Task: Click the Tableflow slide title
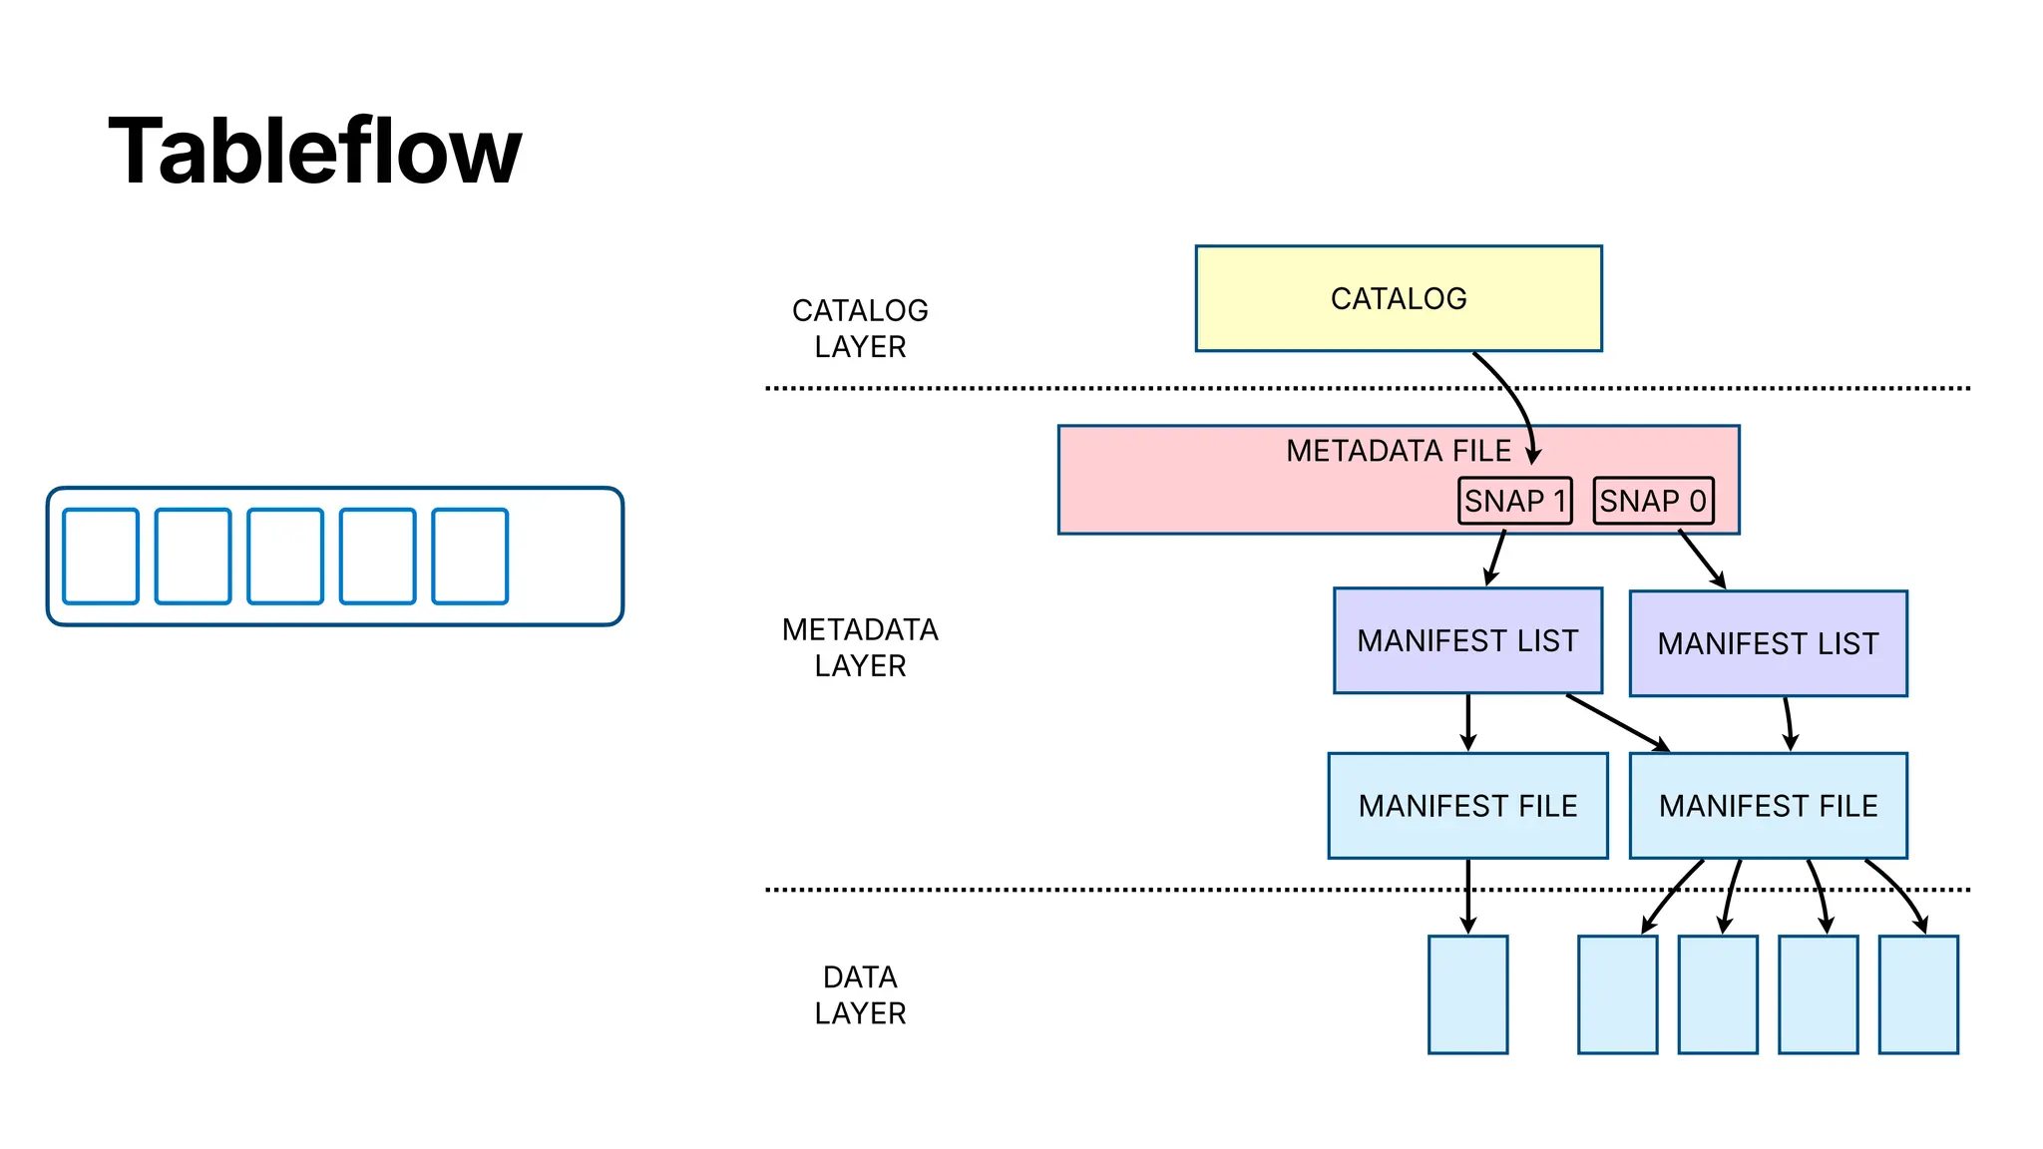[315, 151]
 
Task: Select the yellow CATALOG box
[1398, 298]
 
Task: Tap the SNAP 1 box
[1514, 501]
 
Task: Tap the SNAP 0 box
[1653, 501]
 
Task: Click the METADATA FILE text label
[1398, 451]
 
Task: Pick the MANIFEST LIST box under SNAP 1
[1467, 640]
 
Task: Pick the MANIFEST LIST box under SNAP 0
[1768, 643]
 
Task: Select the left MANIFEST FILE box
[1467, 805]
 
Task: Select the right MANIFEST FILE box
[1768, 805]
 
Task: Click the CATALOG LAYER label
[860, 328]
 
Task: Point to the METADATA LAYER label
[860, 647]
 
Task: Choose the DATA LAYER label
[860, 994]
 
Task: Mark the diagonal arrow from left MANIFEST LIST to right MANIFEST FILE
[1616, 722]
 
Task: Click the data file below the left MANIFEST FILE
[1467, 993]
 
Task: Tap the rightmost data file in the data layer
[1917, 993]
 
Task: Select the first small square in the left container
[101, 557]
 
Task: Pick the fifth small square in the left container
[470, 557]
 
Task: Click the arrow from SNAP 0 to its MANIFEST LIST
[1702, 559]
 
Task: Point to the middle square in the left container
[285, 557]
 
